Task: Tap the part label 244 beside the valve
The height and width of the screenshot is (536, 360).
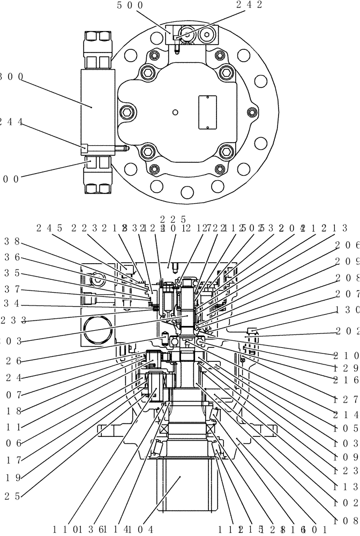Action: point(11,122)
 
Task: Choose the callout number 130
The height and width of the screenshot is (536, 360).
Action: point(347,310)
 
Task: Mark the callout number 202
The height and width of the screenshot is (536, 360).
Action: point(347,330)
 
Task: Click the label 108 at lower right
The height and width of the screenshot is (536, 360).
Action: point(347,519)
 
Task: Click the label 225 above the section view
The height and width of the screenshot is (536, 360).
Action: point(172,219)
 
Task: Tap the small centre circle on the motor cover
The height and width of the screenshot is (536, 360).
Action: point(175,112)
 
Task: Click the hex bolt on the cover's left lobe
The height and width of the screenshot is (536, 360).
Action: point(126,111)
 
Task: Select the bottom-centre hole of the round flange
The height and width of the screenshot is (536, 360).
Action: point(187,192)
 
